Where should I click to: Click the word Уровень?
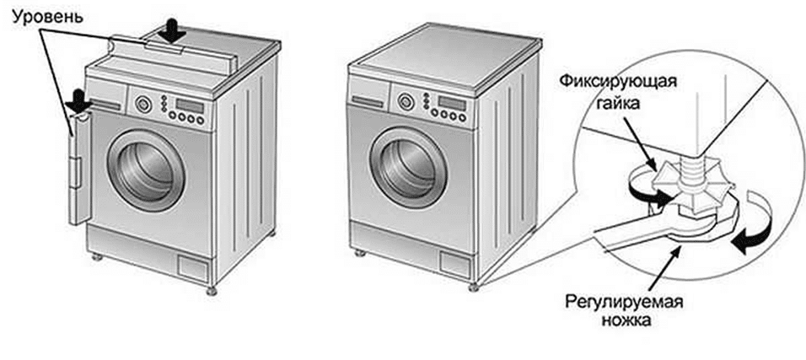click(x=47, y=18)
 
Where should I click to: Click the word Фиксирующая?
click(x=617, y=83)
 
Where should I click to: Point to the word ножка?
click(x=625, y=322)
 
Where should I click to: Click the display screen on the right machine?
click(x=453, y=102)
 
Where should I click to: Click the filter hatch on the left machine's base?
click(x=193, y=267)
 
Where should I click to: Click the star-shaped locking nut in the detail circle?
click(x=683, y=185)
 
